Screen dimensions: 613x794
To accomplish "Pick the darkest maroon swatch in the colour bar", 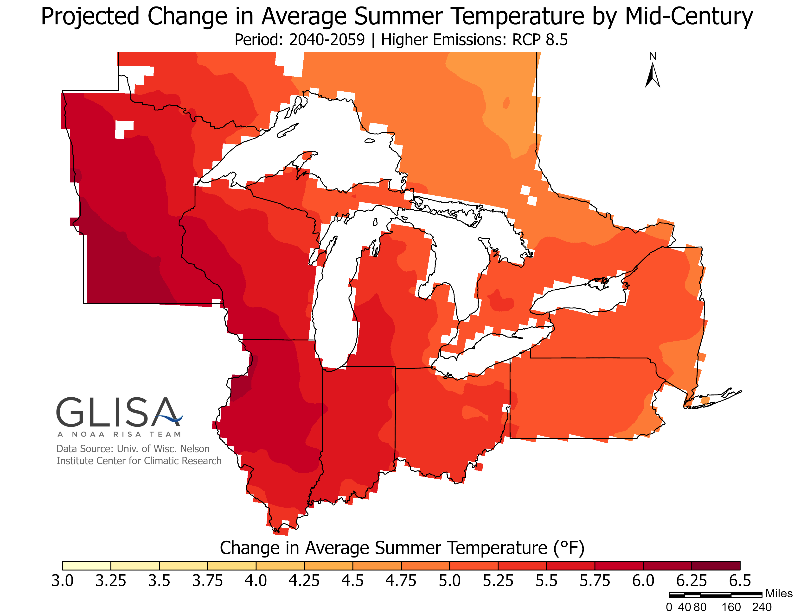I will (716, 565).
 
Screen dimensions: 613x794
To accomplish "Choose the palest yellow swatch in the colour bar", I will (87, 565).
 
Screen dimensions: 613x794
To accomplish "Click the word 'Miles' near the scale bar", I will (778, 593).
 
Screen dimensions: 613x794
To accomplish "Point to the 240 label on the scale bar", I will (762, 607).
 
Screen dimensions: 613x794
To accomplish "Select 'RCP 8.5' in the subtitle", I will (540, 40).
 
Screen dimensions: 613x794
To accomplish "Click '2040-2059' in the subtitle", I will (327, 40).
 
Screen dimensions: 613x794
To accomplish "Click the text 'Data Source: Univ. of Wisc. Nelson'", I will (133, 449).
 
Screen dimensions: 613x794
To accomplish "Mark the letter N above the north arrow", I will (653, 56).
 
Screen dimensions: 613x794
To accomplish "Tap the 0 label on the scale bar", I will (669, 607).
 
